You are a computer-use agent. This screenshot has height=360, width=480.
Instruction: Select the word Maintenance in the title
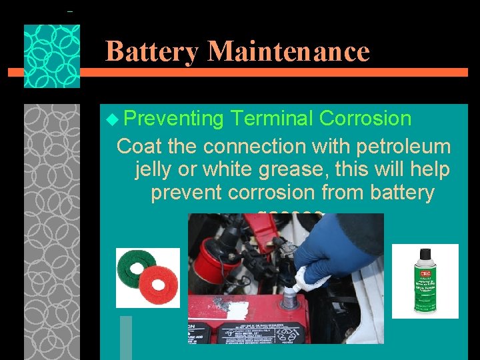click(288, 51)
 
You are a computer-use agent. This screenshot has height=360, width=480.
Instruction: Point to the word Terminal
click(271, 118)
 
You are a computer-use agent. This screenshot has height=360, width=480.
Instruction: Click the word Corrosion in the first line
click(365, 118)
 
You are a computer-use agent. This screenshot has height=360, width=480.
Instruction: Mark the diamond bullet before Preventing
click(111, 119)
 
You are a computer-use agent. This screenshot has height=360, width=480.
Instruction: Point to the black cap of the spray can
click(424, 257)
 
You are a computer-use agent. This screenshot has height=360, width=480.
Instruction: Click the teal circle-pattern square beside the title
click(52, 57)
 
